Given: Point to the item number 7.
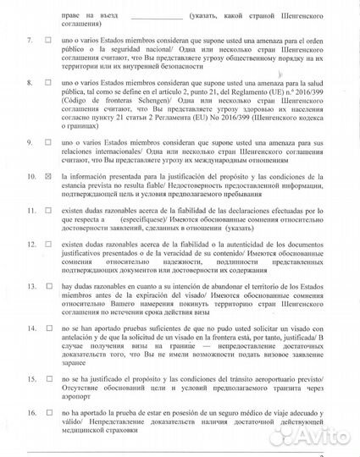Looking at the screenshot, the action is [30, 40].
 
